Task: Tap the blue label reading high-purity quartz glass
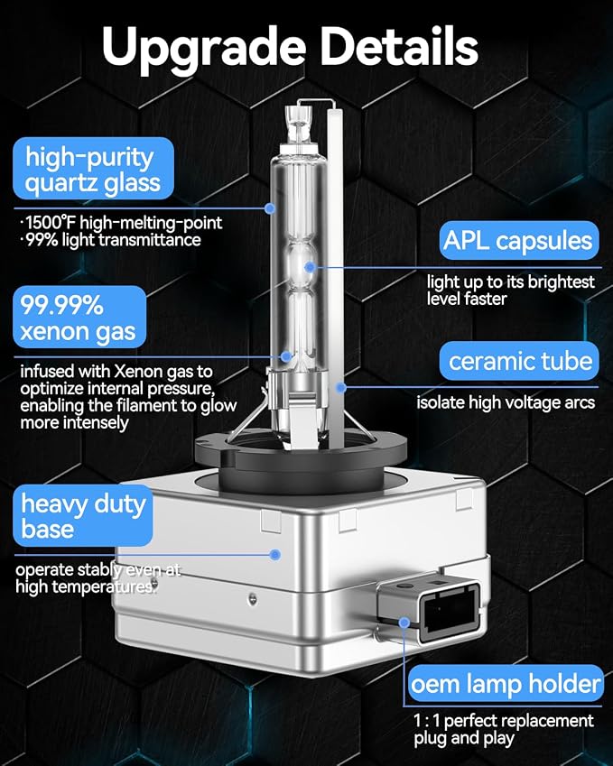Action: [x=93, y=169]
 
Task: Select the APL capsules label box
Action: [x=518, y=240]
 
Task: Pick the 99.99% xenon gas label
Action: [x=79, y=317]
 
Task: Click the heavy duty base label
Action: [x=83, y=515]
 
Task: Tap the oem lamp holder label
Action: [x=505, y=683]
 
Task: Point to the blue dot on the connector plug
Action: [x=404, y=623]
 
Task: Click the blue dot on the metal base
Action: [x=275, y=555]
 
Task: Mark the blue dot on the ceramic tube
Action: [x=341, y=387]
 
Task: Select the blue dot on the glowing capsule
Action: [x=310, y=267]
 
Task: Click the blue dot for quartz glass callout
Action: [x=269, y=208]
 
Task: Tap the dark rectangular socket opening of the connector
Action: [x=450, y=614]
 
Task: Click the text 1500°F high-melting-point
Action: [x=122, y=223]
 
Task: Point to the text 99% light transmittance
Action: [x=111, y=240]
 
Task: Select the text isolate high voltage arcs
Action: [x=506, y=402]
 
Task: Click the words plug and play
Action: [x=464, y=738]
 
